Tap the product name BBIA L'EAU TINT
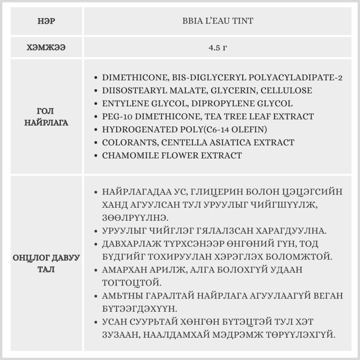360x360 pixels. coord(217,21)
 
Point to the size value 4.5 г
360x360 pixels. coord(217,47)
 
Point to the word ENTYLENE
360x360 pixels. coord(123,104)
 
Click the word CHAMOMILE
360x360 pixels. coord(126,156)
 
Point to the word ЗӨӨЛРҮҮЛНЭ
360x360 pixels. coord(133,217)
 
